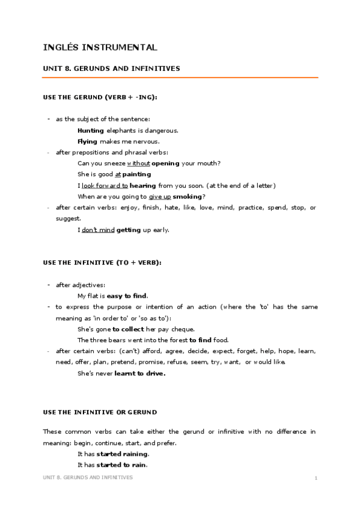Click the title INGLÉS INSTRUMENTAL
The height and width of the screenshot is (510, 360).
[x=100, y=47]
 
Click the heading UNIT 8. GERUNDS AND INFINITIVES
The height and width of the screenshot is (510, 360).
[x=112, y=69]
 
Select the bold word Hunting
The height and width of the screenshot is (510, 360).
[x=91, y=131]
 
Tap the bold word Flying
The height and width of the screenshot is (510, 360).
[x=88, y=141]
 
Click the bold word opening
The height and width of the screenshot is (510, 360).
[x=165, y=164]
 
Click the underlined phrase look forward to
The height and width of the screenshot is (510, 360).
[x=105, y=186]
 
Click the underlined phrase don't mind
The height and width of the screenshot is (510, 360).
[x=98, y=230]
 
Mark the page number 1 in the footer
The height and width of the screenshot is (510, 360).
[x=316, y=478]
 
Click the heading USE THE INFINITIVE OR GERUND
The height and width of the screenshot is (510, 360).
[x=100, y=412]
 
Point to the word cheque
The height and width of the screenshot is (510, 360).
[x=183, y=329]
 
